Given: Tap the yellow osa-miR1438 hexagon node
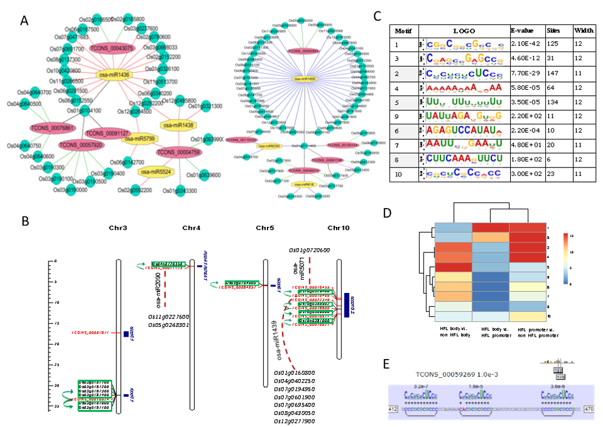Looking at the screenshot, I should (181, 124).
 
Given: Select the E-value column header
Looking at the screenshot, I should (525, 30).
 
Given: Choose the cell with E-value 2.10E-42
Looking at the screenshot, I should (525, 45).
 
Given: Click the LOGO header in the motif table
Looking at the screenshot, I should (464, 30).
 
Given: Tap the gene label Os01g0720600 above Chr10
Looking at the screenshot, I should (309, 250).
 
